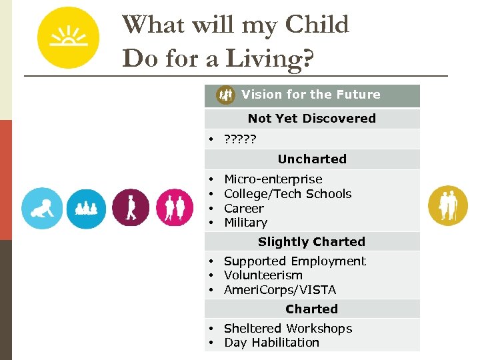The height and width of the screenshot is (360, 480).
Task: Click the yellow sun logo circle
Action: [x=68, y=38]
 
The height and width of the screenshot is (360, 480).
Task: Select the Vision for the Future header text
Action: [x=311, y=95]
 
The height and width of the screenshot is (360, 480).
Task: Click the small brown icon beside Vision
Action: [x=226, y=95]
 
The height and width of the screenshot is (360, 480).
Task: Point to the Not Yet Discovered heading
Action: [x=311, y=119]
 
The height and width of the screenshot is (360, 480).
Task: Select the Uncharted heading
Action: [x=311, y=159]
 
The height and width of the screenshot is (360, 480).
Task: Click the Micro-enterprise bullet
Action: [x=273, y=179]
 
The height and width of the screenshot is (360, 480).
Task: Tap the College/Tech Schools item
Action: [x=287, y=194]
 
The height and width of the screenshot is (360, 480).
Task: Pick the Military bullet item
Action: [x=245, y=223]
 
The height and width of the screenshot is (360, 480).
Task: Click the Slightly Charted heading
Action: [x=311, y=242]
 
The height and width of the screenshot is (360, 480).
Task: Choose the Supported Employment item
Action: [x=295, y=261]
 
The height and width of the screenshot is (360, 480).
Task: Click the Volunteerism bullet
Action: [x=263, y=275]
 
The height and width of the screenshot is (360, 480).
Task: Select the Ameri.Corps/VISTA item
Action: [x=280, y=290]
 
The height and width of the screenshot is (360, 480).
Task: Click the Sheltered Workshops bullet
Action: [x=287, y=329]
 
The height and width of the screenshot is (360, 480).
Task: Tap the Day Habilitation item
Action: [x=271, y=343]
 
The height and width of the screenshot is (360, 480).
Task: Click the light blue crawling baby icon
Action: [x=42, y=208]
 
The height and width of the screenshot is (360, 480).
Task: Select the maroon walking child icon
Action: [x=131, y=208]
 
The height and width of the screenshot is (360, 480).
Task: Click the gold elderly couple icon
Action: [x=448, y=205]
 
